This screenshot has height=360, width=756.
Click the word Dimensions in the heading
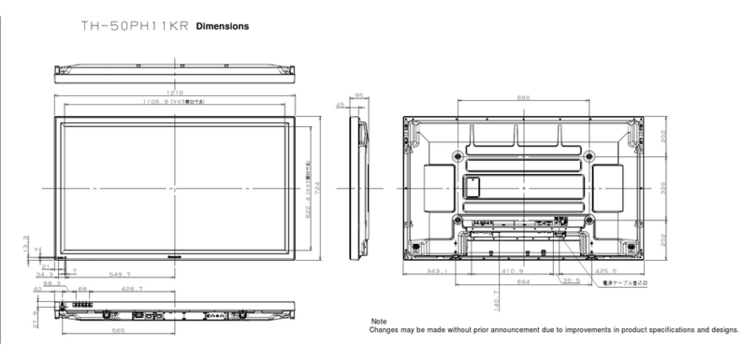[x=223, y=26]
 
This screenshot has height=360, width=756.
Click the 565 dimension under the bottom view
[x=119, y=331]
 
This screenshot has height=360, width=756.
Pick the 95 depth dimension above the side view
[x=358, y=95]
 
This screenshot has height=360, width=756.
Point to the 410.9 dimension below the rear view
[x=511, y=272]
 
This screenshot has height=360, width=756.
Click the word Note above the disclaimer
[x=379, y=322]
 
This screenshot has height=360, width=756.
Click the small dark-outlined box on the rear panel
[x=473, y=186]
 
